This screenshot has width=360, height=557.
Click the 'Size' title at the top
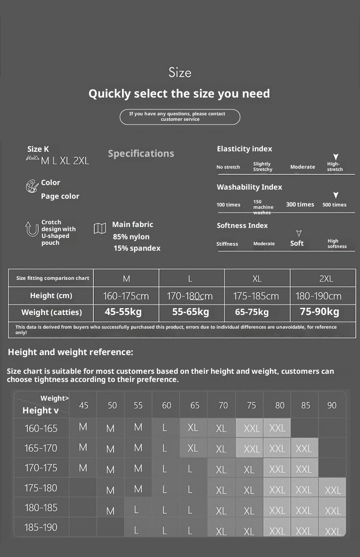[x=180, y=72]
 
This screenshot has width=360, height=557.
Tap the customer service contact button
[x=180, y=117]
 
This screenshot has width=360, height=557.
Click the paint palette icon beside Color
[x=32, y=186]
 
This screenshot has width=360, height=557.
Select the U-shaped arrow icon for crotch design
[x=31, y=229]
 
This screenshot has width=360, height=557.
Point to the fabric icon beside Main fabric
[x=100, y=228]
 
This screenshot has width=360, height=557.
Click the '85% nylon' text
[x=131, y=237]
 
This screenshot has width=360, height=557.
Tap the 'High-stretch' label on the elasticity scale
[x=335, y=167]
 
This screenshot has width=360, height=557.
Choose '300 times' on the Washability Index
[x=300, y=204]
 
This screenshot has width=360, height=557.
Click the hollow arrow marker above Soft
[x=298, y=233]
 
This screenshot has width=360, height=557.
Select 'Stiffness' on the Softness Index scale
[x=227, y=244]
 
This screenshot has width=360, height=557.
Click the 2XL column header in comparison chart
[x=325, y=278]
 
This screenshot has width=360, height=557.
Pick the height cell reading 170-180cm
[x=190, y=296]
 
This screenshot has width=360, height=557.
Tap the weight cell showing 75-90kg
[x=319, y=312]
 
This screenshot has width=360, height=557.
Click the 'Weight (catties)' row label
[x=51, y=312]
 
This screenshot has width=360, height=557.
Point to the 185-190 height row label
[x=41, y=527]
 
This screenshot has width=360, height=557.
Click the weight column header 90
[x=332, y=405]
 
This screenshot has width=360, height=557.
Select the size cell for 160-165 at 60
[x=165, y=428]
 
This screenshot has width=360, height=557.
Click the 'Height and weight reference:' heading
[x=71, y=352]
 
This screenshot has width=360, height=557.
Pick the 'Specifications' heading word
[x=141, y=154]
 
